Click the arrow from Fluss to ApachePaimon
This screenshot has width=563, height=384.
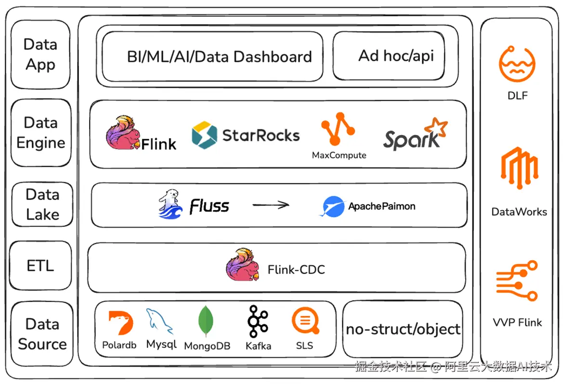[271, 205]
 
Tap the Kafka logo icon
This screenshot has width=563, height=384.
[258, 321]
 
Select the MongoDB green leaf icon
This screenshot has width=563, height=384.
[206, 321]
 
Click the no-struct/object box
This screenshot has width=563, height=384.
[403, 330]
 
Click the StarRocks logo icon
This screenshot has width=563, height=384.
[204, 135]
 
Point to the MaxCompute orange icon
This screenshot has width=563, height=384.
[338, 129]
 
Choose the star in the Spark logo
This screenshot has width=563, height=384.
[436, 127]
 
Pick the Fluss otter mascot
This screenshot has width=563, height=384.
[171, 204]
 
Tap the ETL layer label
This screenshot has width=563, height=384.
[40, 265]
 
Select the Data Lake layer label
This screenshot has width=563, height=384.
[42, 204]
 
